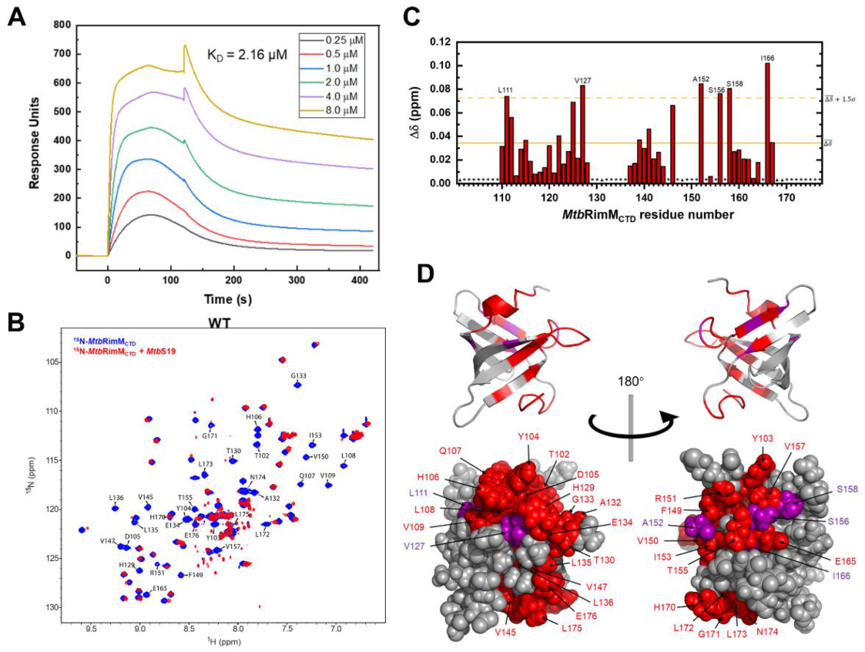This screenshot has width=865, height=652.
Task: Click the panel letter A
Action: tap(16, 17)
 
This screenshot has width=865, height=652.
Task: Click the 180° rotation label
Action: tap(630, 381)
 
